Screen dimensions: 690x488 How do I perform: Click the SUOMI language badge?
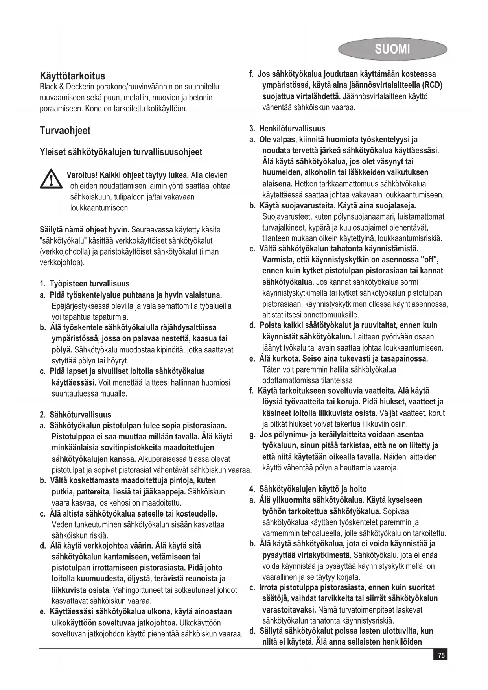[x=392, y=50]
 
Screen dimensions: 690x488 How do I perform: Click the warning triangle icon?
[x=52, y=181]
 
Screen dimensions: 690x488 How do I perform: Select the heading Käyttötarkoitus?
[x=72, y=76]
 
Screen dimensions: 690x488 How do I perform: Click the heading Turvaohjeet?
[x=65, y=131]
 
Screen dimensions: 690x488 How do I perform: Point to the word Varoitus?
[x=82, y=175]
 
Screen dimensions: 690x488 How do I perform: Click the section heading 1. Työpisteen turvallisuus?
[x=85, y=284]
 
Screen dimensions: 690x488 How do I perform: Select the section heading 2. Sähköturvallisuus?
[x=76, y=415]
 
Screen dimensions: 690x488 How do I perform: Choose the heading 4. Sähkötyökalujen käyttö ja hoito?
[x=308, y=489]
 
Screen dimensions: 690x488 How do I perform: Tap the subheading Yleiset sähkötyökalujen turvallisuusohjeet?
[x=121, y=152]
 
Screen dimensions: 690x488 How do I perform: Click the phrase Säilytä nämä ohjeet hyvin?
[x=85, y=229]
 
